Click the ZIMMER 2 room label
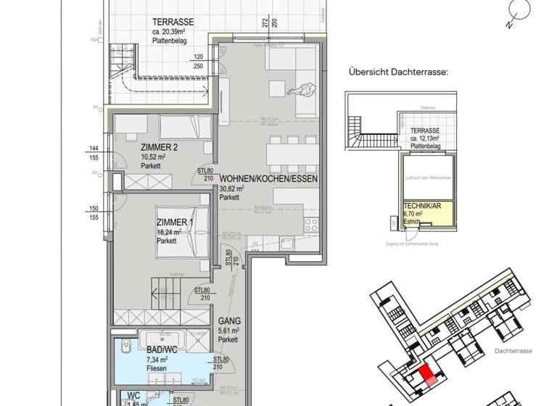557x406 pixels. click(159, 147)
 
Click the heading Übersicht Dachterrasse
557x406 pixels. click(398, 72)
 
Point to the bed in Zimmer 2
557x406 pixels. click(185, 128)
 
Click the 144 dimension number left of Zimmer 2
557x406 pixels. click(92, 147)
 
